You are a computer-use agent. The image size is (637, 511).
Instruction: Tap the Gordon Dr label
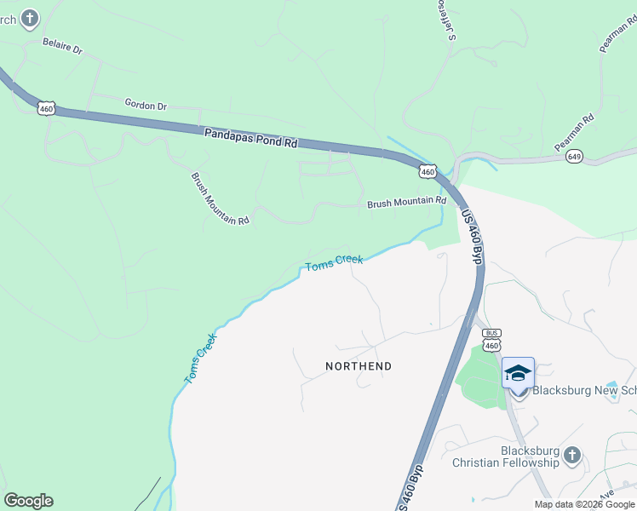146,106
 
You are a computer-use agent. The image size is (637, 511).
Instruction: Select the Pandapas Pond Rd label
250,138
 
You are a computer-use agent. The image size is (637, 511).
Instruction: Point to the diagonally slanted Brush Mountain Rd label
220,198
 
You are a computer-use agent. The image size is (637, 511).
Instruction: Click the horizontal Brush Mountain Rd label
406,203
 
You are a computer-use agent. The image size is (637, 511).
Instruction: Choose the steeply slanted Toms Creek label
201,357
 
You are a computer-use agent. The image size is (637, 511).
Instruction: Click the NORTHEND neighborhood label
359,366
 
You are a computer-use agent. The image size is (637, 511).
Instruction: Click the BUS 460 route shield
491,339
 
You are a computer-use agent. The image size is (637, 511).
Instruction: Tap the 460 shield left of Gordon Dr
46,108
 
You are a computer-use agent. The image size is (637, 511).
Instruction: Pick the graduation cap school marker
518,373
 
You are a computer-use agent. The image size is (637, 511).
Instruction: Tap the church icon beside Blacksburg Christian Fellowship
571,455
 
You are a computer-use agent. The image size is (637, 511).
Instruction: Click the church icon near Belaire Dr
29,17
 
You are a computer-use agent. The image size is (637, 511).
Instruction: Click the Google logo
28,501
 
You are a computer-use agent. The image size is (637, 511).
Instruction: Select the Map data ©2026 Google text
584,504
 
